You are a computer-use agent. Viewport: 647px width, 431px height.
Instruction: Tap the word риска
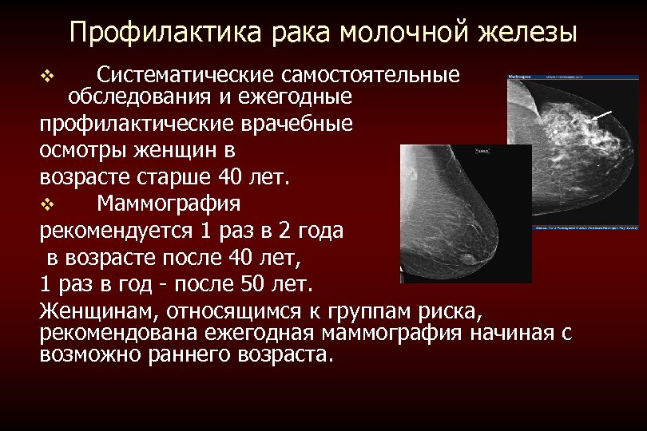click(x=451, y=310)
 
